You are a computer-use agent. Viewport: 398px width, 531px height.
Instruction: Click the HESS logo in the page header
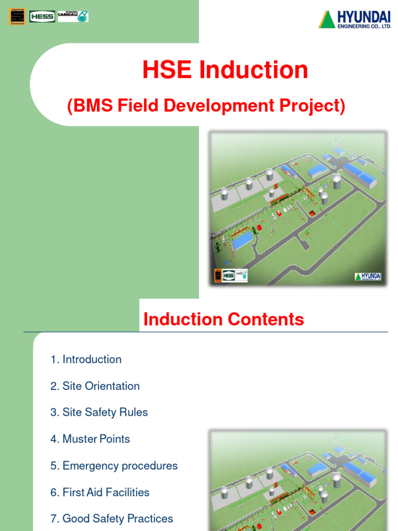pos(43,17)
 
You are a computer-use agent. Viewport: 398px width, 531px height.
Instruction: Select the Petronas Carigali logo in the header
pos(73,16)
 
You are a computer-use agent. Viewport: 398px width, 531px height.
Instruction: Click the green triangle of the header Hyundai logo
pos(326,19)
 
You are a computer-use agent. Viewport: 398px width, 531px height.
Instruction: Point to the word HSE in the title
pos(165,70)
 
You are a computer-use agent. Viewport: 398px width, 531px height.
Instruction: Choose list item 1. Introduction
pos(86,359)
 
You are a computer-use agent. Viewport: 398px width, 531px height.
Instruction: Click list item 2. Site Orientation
pos(95,386)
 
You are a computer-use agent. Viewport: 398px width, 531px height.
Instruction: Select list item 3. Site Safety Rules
pos(99,412)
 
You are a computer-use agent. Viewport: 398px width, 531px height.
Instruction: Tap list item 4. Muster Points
pos(90,439)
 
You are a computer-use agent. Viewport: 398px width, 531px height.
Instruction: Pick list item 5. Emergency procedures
pos(114,466)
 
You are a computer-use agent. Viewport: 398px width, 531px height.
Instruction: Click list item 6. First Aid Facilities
pos(99,492)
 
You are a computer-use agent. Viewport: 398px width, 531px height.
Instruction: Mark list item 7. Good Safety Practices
pos(111,519)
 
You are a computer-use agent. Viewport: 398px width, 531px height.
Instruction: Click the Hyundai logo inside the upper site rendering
pos(368,276)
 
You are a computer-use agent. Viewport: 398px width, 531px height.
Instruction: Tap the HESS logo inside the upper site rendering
pos(229,276)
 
